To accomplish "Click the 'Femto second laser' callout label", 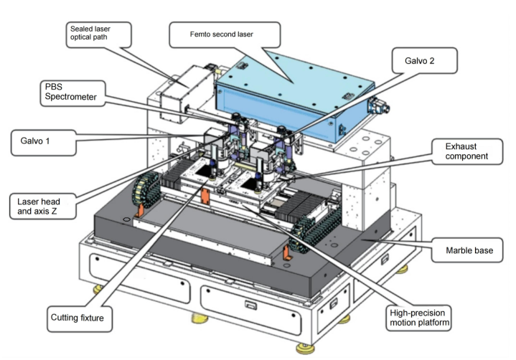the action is pos(225,34).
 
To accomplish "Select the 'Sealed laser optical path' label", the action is pos(99,34).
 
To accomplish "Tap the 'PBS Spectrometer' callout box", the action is pos(72,93).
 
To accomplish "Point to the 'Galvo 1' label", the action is pos(44,143).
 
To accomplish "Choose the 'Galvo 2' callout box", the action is pos(425,60).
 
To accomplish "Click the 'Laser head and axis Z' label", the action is pos(43,206).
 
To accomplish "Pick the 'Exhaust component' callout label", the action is pos(467,151).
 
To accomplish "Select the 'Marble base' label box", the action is pos(467,250).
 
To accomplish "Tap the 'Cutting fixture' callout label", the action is pos(80,319).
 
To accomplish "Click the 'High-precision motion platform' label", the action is pos(418,318).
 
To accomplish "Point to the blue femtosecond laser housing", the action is pos(294,97).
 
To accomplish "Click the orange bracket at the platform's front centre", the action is pos(205,196).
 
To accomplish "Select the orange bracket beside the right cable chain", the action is pos(287,253).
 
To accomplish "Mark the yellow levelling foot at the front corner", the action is pos(305,349).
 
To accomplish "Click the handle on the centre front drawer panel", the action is pos(250,305).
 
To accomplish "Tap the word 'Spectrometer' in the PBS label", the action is pos(71,97).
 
